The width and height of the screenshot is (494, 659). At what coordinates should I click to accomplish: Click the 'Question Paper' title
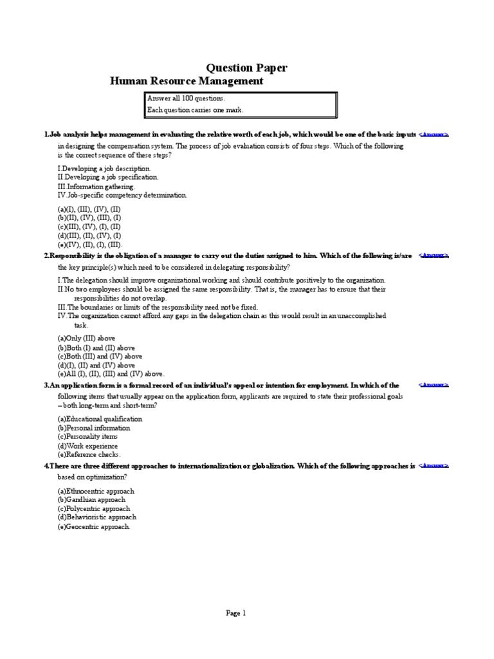246,68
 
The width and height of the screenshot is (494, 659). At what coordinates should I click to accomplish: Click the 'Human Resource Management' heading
187,81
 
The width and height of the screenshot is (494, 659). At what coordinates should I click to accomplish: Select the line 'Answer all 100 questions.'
187,98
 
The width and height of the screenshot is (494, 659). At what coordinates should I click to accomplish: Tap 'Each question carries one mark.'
196,110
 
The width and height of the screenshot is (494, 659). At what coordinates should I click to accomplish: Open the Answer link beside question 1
434,135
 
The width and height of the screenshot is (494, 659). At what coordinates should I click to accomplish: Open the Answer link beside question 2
434,255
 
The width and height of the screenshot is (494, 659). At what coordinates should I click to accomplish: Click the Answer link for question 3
434,385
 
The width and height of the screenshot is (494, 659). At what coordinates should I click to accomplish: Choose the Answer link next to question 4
434,465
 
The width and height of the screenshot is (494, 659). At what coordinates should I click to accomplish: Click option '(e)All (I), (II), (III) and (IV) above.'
111,374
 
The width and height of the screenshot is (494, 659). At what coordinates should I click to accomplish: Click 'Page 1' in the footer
236,613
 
